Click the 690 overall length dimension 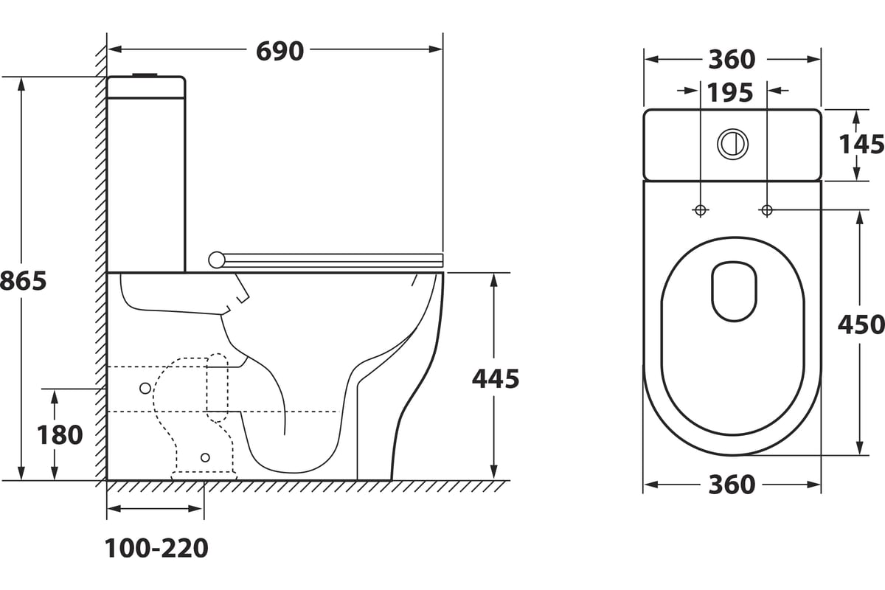pos(280,51)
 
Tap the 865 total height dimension pos(23,281)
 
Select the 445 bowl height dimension pos(496,378)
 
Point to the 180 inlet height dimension pos(60,434)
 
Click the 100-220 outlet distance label pos(156,548)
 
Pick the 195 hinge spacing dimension pos(730,93)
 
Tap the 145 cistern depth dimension pos(861,145)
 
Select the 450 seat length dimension pos(861,324)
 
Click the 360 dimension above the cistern pos(732,60)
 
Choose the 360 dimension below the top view pos(732,485)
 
